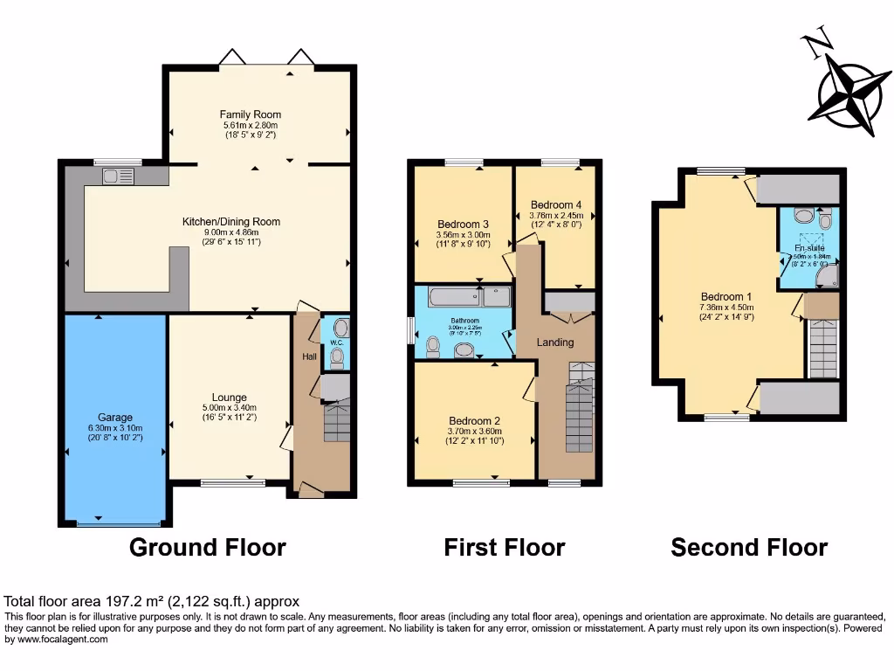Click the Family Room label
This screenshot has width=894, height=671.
(250, 114)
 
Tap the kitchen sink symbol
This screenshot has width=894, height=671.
(115, 176)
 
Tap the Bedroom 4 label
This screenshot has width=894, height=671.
(556, 205)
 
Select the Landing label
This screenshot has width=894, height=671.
(555, 342)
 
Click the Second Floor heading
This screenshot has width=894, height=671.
(749, 548)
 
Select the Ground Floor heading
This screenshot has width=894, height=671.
(208, 548)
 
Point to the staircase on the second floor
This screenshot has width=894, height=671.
(822, 348)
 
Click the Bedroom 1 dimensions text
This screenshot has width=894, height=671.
(726, 312)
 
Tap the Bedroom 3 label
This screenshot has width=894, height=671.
(463, 225)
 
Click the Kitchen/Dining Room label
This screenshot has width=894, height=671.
(231, 222)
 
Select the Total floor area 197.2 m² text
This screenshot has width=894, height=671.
(152, 601)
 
